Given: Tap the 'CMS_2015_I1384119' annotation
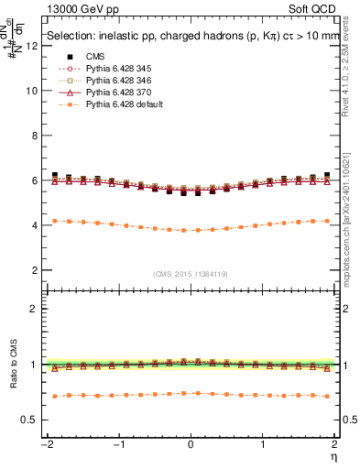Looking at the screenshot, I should click(191, 274).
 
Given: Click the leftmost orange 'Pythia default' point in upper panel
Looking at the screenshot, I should click(55, 221).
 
